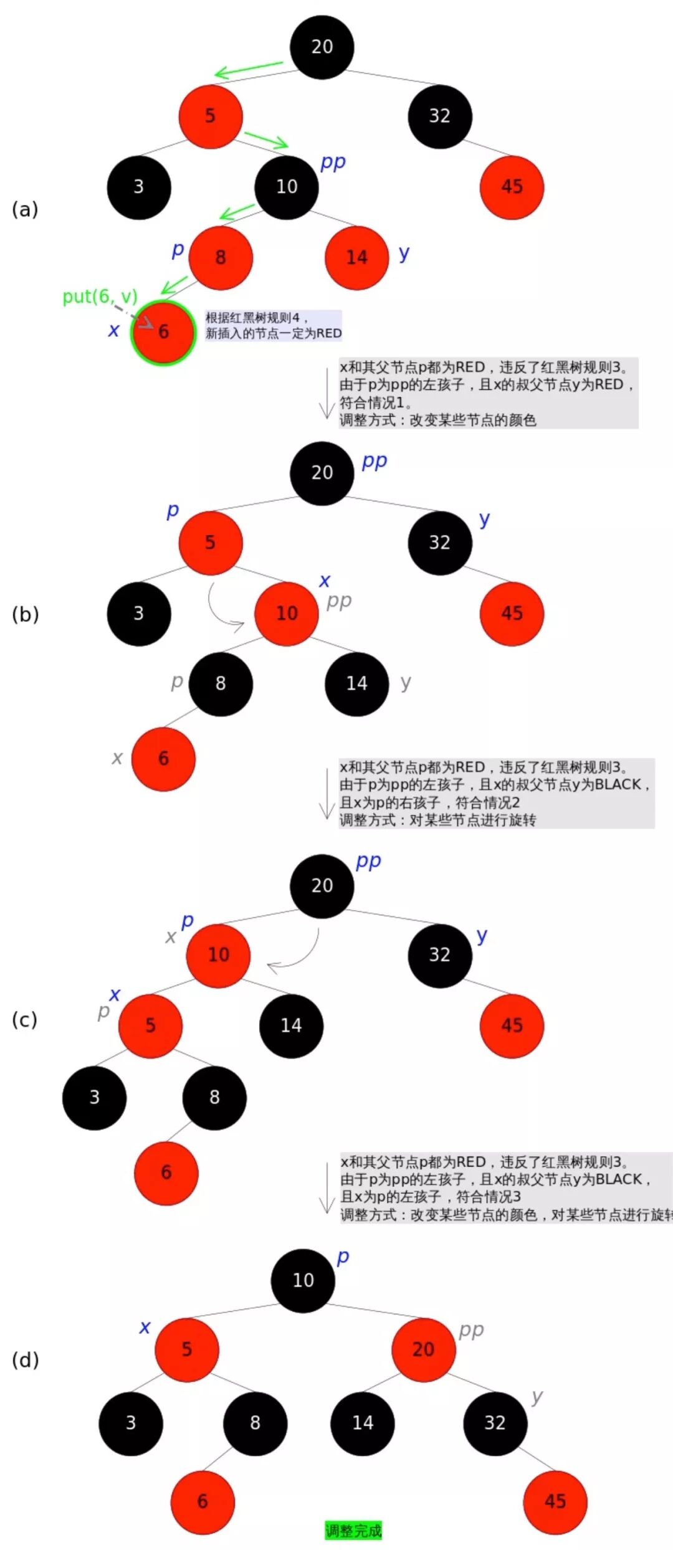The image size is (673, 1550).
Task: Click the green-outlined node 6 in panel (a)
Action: coord(163,333)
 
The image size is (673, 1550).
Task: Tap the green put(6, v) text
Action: coord(99,297)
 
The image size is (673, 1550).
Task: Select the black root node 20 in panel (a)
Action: coord(322,47)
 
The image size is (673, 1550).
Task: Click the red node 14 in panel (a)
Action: coord(356,258)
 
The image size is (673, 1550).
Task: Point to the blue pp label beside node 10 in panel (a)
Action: coord(333,163)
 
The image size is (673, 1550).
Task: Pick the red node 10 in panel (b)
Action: coord(287,614)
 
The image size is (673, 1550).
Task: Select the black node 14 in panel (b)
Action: coord(356,684)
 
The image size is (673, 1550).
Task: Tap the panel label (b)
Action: coord(25,614)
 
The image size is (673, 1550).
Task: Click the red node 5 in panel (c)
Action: coord(150,1026)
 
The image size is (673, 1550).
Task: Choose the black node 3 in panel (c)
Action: coord(94,1098)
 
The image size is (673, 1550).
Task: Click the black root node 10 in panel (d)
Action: coord(303,1280)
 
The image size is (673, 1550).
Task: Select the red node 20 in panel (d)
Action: coord(423,1349)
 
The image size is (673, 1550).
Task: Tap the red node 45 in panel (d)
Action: coord(555,1501)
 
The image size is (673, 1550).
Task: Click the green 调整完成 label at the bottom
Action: coord(353,1530)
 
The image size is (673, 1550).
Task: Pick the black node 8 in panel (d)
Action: coord(255,1423)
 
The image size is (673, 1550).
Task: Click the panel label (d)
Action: coord(25,1359)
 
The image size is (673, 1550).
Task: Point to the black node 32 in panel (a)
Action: coord(439,116)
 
